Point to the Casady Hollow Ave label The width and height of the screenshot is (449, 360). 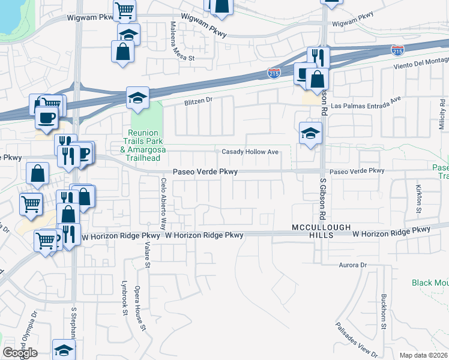click(250, 152)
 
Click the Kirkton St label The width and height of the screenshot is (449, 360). click(418, 196)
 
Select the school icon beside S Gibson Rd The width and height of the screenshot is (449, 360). click(310, 134)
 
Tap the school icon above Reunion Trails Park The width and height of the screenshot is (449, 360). click(137, 98)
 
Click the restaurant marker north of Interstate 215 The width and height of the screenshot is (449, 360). click(316, 57)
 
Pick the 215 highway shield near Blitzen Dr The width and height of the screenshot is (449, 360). click(274, 73)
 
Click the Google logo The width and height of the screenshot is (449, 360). click(20, 353)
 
